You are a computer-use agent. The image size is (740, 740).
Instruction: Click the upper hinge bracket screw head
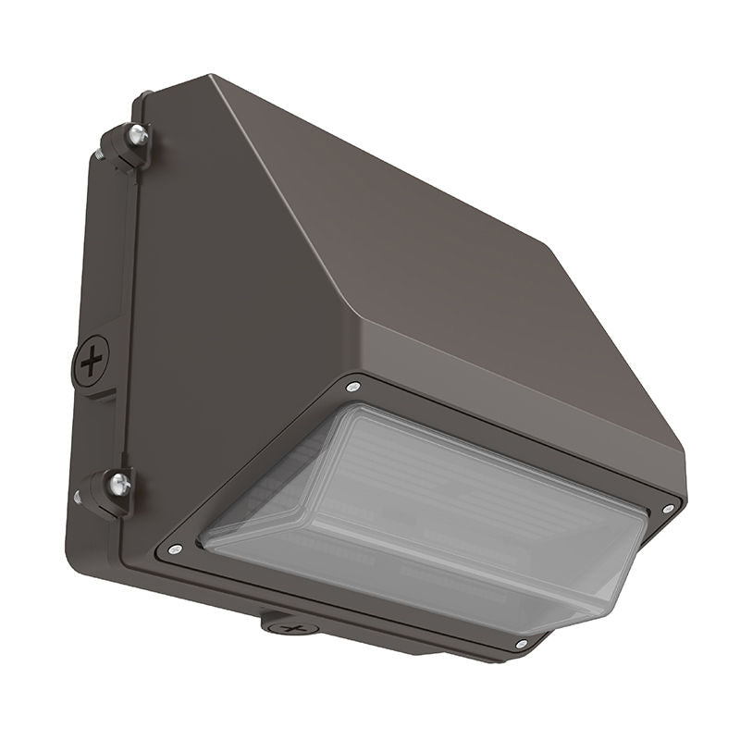tap(137, 135)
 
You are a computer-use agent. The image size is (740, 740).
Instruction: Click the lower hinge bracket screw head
tap(118, 482)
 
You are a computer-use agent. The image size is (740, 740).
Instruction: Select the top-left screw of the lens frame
tap(353, 387)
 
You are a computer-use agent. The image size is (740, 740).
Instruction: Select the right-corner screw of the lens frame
tap(668, 508)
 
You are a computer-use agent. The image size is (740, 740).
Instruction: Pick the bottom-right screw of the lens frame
tap(521, 643)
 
